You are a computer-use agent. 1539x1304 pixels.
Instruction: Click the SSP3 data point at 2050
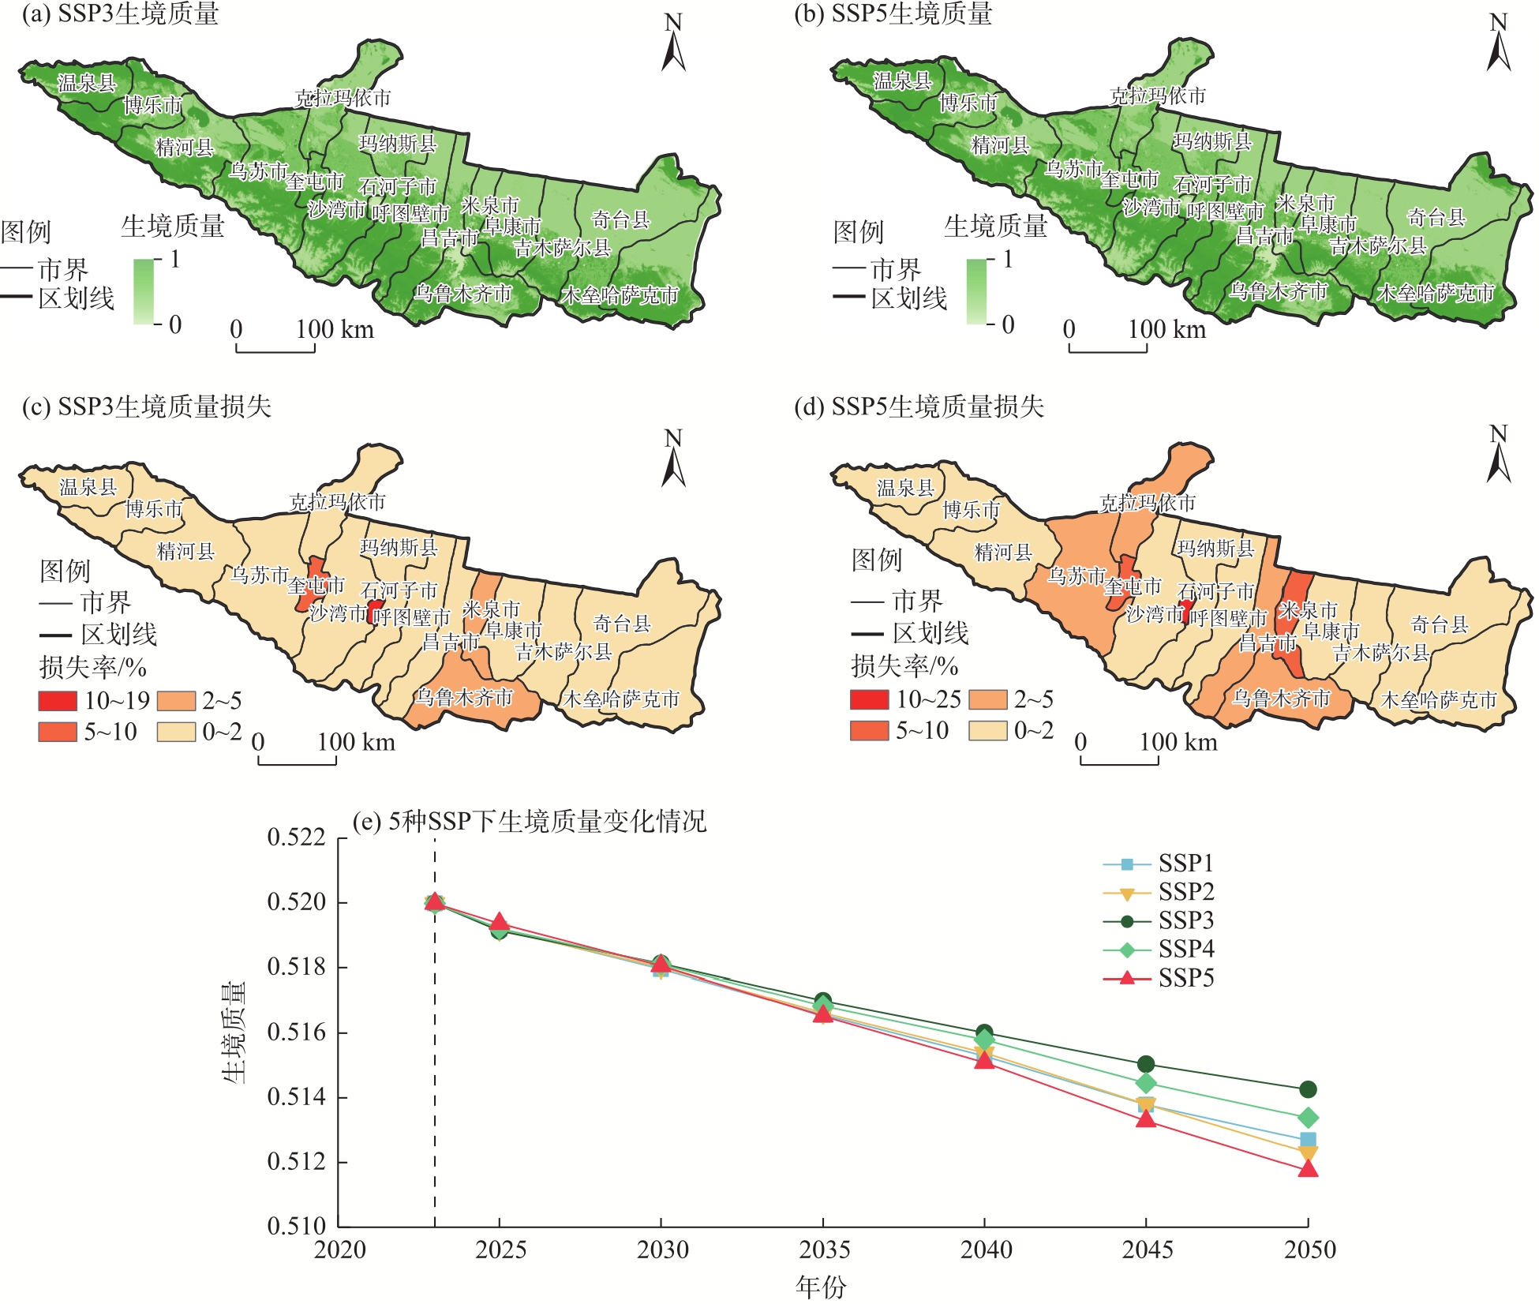[x=1308, y=1089]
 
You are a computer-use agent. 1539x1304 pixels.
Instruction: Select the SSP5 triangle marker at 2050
[x=1308, y=1168]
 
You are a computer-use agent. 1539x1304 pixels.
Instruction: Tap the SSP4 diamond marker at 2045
[x=1146, y=1083]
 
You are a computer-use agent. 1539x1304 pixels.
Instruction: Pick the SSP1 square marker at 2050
[x=1308, y=1139]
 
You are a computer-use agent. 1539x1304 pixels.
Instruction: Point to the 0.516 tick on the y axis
[x=297, y=1032]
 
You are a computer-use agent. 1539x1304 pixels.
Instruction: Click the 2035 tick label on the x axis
[x=823, y=1250]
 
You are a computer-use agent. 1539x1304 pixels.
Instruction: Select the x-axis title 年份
[x=821, y=1287]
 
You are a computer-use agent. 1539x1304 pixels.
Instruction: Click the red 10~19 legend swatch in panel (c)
[x=58, y=700]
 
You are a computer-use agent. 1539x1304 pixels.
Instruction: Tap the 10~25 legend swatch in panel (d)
[x=869, y=699]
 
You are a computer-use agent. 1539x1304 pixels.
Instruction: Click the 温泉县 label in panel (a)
[x=87, y=82]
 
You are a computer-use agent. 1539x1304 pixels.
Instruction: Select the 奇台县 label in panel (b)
[x=1436, y=216]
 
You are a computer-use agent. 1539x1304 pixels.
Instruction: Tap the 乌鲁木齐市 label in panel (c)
[x=464, y=697]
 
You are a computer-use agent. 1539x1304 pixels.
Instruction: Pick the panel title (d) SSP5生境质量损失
[x=919, y=407]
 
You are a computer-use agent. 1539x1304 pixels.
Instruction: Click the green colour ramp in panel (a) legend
[x=144, y=291]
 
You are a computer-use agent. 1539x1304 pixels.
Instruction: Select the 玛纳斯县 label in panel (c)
[x=399, y=547]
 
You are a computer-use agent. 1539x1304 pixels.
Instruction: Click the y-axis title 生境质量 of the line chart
[x=234, y=1032]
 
